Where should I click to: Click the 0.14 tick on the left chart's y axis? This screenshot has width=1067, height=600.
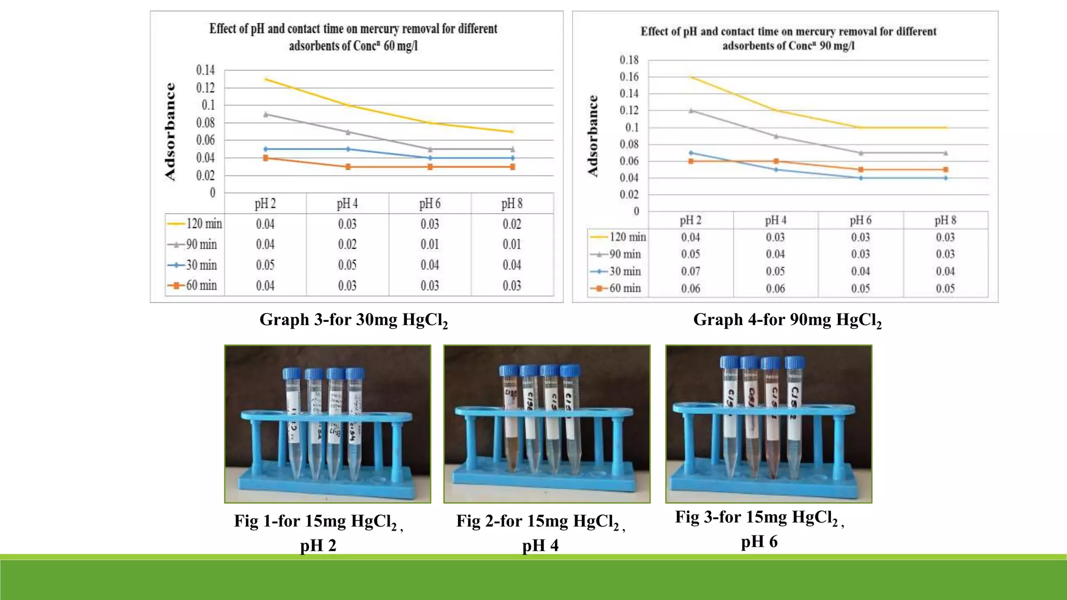[205, 70]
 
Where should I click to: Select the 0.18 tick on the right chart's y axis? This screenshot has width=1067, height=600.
[629, 60]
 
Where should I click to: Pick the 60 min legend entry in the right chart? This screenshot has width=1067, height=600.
[617, 288]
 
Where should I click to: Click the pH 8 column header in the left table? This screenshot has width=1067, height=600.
[512, 204]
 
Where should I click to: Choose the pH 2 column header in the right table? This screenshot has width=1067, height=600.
[690, 220]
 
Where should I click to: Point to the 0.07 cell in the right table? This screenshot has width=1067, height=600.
[690, 271]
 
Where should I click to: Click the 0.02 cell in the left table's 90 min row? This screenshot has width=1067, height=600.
[347, 244]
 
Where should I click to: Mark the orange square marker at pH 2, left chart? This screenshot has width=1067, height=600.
[266, 158]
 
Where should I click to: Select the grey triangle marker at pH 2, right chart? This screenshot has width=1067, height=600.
[691, 110]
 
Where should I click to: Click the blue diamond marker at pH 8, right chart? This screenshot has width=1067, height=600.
[946, 178]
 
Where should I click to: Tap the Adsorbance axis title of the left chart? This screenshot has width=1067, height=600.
[170, 131]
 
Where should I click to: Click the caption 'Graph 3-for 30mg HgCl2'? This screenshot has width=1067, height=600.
[353, 320]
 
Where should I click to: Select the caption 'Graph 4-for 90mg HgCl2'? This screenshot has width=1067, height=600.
[787, 320]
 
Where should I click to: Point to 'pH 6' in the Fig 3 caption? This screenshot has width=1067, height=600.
[759, 542]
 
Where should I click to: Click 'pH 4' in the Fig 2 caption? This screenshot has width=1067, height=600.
[540, 545]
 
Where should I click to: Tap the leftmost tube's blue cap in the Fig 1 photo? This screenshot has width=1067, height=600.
[292, 373]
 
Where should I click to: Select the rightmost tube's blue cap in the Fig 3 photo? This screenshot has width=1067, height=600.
[795, 362]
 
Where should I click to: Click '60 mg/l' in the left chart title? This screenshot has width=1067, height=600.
[400, 46]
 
